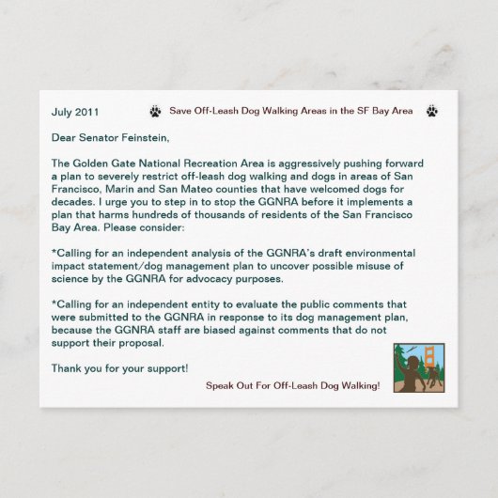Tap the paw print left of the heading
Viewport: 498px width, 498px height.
tap(155, 111)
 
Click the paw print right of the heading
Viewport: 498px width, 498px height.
tap(431, 111)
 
